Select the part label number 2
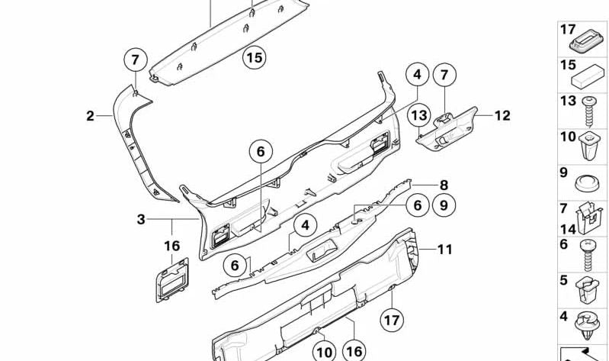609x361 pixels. coord(90,117)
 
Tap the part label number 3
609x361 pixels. coord(141,220)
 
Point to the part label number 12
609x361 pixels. coord(502,116)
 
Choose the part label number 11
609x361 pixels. coord(445,249)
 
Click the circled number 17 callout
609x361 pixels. coord(391,319)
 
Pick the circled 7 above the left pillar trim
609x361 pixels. coord(135,59)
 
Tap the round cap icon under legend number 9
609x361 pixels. coord(586,185)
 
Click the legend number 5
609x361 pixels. coord(564,280)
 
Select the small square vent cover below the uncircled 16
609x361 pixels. coord(173,281)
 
